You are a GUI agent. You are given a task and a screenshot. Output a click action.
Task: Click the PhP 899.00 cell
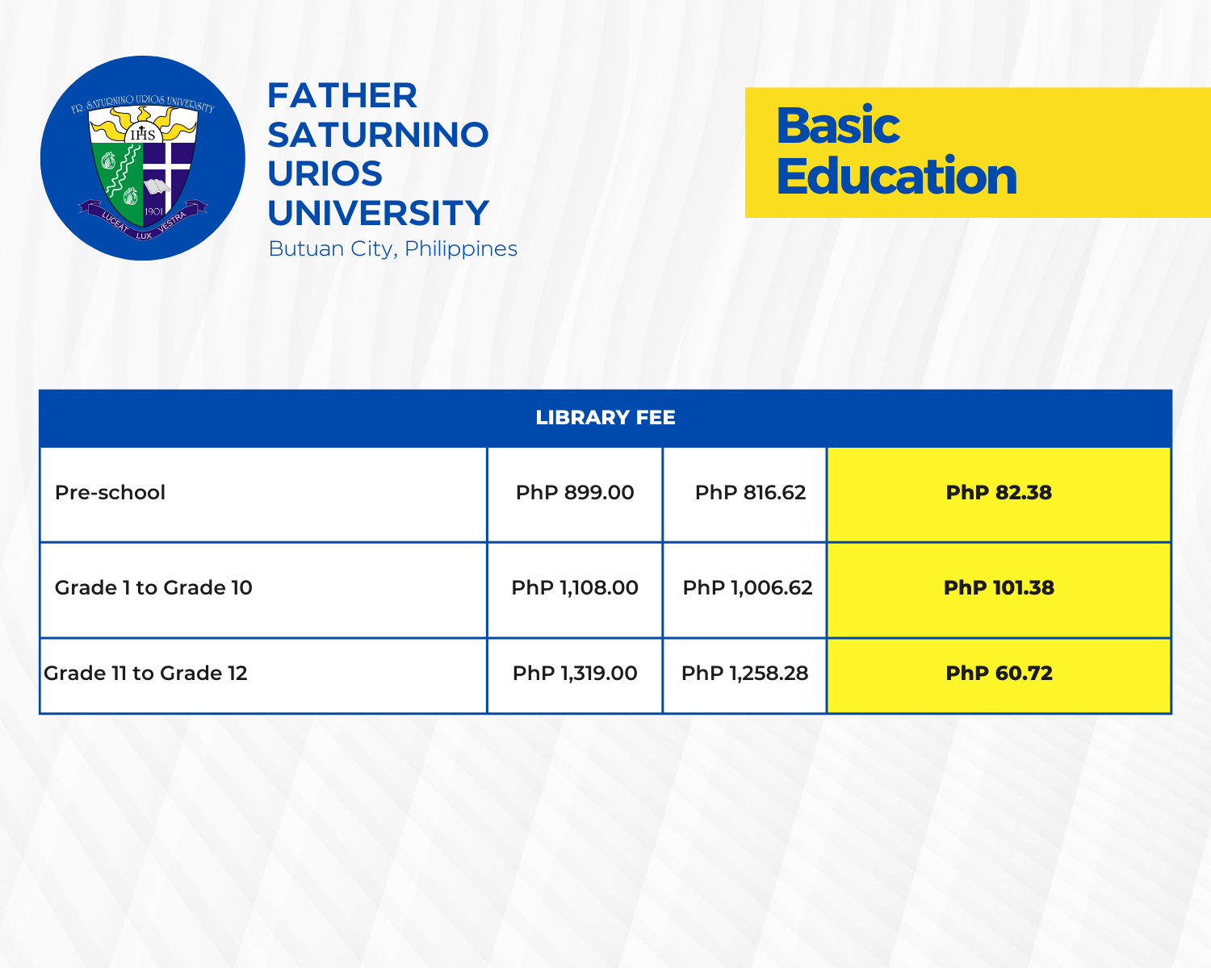[575, 492]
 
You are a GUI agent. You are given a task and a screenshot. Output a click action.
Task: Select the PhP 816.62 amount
[750, 492]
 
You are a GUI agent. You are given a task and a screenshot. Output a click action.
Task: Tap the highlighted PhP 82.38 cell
[999, 492]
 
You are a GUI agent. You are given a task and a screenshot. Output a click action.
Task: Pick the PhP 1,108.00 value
[575, 588]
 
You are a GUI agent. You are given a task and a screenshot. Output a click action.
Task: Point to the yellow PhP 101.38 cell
[999, 588]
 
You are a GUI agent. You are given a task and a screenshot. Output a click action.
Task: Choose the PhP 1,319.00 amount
[575, 674]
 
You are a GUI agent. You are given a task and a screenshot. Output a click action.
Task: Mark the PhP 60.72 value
[999, 674]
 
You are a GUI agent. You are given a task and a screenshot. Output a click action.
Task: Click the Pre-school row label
[110, 492]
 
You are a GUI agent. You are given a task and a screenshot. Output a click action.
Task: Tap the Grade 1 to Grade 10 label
[153, 588]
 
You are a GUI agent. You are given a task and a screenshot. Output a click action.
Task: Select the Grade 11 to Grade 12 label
[145, 674]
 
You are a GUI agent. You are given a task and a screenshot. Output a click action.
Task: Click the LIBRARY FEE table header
[605, 417]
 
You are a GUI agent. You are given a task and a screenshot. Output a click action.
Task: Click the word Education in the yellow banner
[896, 176]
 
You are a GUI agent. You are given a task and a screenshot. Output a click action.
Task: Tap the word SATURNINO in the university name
[378, 135]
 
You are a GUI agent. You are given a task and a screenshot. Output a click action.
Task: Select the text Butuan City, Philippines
[393, 248]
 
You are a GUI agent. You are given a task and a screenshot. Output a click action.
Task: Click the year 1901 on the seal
[153, 211]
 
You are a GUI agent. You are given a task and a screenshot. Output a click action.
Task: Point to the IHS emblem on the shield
[143, 134]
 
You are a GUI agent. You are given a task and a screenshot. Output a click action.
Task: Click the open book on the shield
[157, 186]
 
